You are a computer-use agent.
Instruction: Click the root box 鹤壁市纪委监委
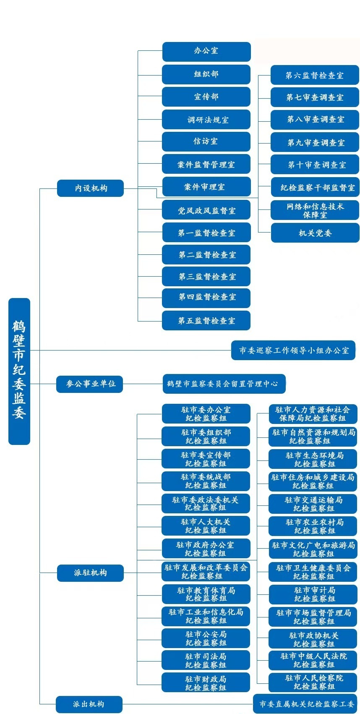[19, 371]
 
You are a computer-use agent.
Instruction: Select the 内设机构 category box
[90, 188]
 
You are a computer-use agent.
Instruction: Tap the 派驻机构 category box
[90, 573]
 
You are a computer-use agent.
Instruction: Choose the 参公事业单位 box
[89, 384]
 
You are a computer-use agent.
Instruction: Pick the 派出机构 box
[89, 704]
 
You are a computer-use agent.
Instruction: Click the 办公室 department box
[206, 51]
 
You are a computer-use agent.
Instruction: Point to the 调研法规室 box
[206, 120]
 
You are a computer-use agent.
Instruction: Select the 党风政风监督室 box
[206, 210]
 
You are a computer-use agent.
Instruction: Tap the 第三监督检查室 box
[206, 277]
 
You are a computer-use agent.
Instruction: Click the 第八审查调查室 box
[315, 120]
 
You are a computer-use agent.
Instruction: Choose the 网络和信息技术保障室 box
[315, 210]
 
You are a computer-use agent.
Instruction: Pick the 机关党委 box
[315, 233]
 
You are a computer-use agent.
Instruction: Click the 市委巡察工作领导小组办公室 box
[293, 350]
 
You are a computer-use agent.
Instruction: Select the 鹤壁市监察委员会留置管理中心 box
[224, 384]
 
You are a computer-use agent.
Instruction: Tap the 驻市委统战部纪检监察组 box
[206, 481]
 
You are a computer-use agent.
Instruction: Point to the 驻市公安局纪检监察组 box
[206, 638]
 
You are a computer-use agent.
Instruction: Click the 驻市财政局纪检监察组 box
[206, 683]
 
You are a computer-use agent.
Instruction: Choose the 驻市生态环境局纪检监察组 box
[313, 459]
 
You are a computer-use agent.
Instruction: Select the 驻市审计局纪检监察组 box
[313, 594]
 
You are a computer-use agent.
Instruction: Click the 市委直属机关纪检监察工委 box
[305, 704]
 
